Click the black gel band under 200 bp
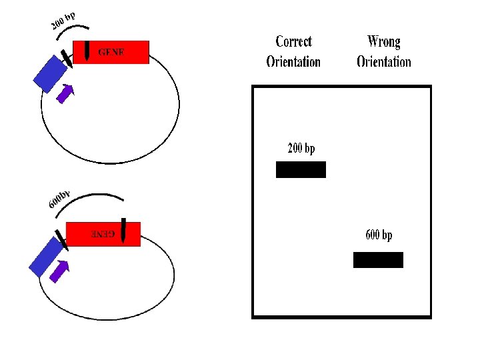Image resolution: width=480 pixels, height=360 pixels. coord(301,169)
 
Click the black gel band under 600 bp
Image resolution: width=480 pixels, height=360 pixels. coord(378,260)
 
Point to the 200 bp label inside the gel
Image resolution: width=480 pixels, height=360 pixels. coord(301,148)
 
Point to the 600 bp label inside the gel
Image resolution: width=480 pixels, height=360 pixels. coord(379,235)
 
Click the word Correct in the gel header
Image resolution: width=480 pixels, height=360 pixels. coord(293,42)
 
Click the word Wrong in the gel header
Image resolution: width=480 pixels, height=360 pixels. coord(384,42)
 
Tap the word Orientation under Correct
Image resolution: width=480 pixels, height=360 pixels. coord(293,62)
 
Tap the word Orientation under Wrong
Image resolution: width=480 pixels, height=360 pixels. coord(384,62)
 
